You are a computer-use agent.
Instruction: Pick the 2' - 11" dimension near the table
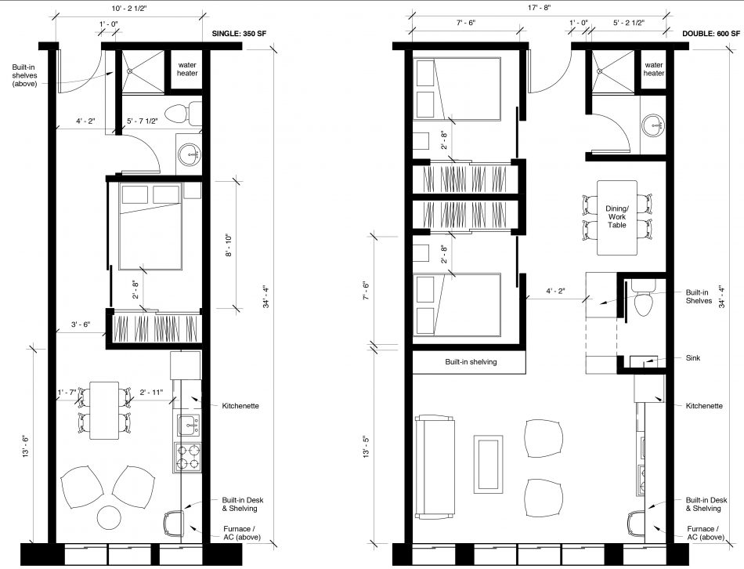[x=152, y=392]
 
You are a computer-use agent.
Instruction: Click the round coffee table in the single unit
[x=109, y=517]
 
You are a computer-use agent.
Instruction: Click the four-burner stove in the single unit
[x=187, y=456]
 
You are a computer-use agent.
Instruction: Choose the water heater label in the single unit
[x=187, y=69]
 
